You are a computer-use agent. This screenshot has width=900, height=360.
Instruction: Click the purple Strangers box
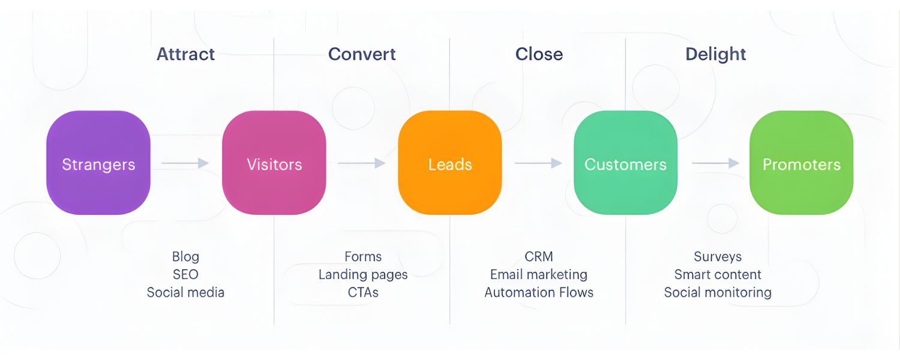point(98,163)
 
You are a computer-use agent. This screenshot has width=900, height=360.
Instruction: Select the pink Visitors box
point(274,163)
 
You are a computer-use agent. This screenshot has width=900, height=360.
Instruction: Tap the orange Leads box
point(450,163)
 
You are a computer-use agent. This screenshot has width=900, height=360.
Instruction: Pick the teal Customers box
point(625,163)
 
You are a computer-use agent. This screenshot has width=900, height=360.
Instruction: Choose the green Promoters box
point(801,163)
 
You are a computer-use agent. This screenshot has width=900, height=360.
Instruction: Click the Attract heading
point(186,54)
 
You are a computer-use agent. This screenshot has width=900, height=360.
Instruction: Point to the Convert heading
point(362,54)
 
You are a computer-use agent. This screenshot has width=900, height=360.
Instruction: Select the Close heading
point(539,54)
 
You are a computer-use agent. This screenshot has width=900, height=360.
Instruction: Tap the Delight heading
point(716,54)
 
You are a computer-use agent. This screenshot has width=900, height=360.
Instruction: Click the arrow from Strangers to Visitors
point(185,163)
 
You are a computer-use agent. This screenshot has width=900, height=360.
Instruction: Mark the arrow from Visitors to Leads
point(361,163)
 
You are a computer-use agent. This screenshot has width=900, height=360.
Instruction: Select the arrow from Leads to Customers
point(538,163)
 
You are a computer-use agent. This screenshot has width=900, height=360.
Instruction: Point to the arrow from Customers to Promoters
point(715,163)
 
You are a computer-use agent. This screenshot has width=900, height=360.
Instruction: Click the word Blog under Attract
point(185,257)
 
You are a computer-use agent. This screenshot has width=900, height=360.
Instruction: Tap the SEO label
point(185,275)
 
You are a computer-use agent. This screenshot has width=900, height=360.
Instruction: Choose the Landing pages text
point(363,275)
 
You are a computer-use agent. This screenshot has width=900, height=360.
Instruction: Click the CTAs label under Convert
point(363,293)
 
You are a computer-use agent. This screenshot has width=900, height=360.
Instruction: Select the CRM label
point(539,257)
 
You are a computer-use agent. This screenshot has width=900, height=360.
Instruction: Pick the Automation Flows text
point(539,293)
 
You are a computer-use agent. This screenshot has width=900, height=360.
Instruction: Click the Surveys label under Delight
point(718,257)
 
